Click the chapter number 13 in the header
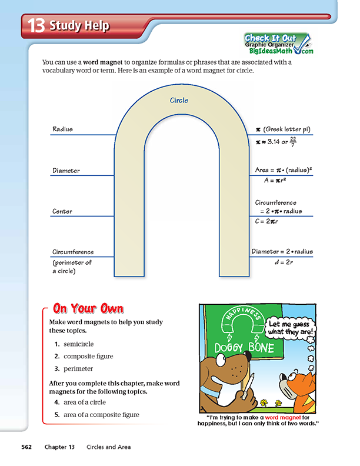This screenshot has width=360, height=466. point(36,26)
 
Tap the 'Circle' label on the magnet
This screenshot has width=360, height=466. point(179,101)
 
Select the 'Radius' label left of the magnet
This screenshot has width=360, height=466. point(62,129)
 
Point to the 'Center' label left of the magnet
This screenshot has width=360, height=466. point(62,211)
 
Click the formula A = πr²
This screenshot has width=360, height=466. point(279,181)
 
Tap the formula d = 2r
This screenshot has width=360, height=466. point(281,262)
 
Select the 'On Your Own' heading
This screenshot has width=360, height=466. point(88,308)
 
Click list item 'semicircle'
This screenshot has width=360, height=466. point(78,344)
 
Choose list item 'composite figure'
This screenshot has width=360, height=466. point(88,356)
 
